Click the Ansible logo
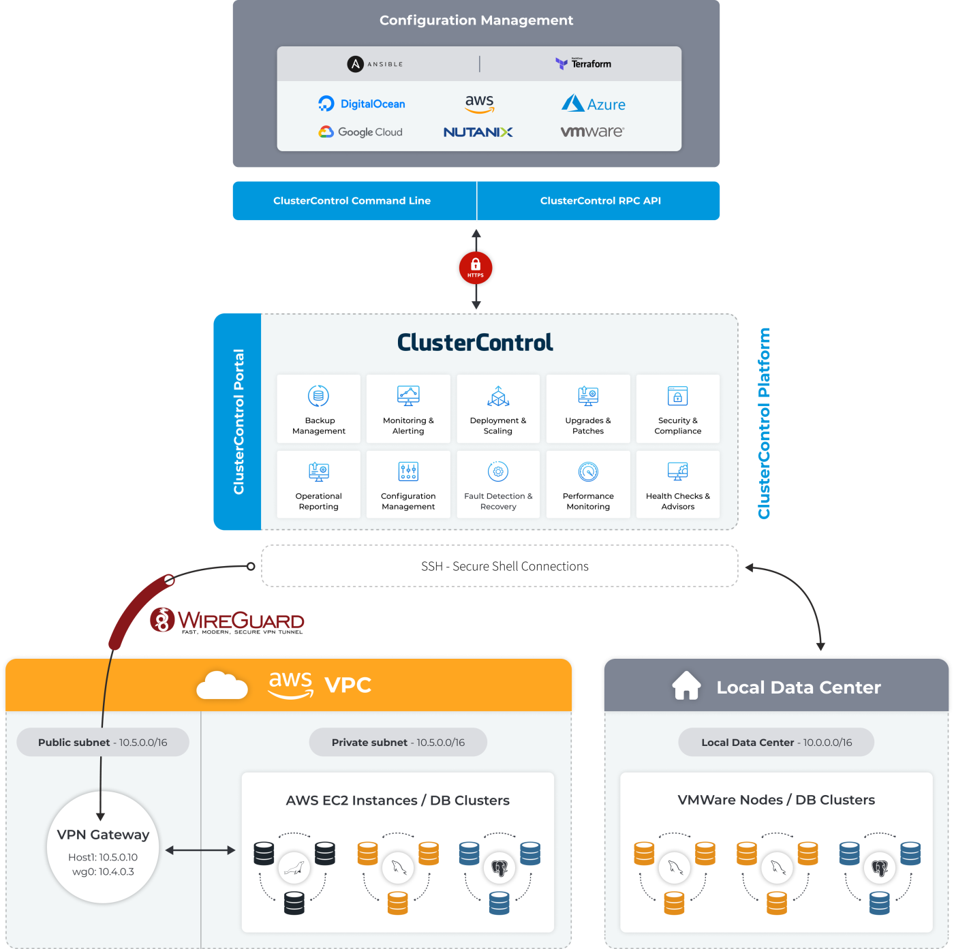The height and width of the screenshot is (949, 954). [x=375, y=64]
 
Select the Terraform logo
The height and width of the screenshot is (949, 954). [x=583, y=63]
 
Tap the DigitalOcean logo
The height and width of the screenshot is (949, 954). [x=362, y=104]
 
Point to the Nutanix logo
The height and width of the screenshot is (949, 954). [x=478, y=132]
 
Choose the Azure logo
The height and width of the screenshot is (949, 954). [x=593, y=104]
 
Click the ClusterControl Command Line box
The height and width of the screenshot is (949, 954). [x=352, y=201]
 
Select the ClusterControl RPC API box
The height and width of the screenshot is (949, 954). [x=600, y=201]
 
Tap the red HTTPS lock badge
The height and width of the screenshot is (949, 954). [x=476, y=268]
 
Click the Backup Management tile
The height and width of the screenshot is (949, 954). [x=319, y=409]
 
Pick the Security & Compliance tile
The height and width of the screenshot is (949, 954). [x=678, y=409]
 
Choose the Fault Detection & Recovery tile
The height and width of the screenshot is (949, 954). [x=498, y=484]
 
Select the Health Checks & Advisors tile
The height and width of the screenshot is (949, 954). [x=678, y=484]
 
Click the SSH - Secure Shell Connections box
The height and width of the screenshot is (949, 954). [x=499, y=566]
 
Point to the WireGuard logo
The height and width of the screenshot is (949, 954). [x=227, y=620]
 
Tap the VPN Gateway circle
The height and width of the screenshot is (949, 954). [x=103, y=847]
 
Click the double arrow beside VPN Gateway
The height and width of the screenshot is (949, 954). [x=200, y=850]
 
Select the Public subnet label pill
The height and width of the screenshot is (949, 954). [x=103, y=743]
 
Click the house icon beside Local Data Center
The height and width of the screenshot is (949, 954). [x=686, y=686]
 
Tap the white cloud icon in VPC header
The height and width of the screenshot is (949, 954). [x=221, y=685]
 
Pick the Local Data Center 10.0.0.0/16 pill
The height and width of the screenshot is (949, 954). [x=776, y=743]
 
